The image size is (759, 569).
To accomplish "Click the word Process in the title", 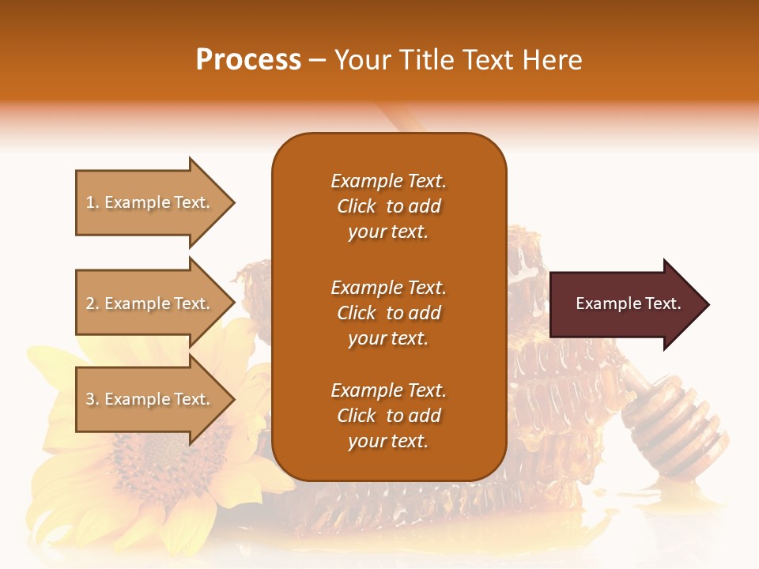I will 248,60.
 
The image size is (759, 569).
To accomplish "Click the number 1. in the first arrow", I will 93,203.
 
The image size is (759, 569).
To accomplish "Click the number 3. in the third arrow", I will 93,400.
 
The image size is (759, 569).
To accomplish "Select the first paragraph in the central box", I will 388,206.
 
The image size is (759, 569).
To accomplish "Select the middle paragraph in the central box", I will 388,313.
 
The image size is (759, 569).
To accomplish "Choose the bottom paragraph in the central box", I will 388,416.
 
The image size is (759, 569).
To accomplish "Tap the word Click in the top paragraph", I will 356,207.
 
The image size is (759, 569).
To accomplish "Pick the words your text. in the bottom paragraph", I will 388,442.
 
